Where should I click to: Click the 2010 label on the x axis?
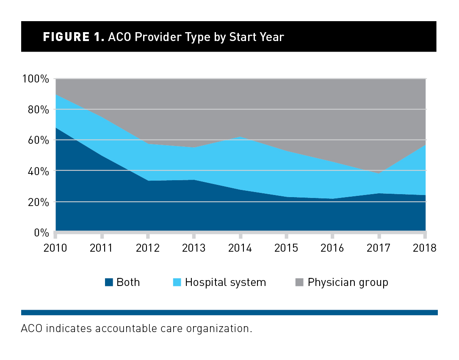point(55,248)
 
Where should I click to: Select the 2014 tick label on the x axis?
point(240,248)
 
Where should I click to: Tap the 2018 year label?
point(425,248)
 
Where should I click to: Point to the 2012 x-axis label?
point(148,248)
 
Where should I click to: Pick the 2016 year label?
point(332,248)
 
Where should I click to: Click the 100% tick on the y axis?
point(36,79)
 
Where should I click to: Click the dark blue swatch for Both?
point(109,282)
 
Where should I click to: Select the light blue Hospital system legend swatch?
point(177,282)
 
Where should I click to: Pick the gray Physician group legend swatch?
point(300,282)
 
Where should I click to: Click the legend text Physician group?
point(348,282)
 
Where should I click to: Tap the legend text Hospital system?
point(225,282)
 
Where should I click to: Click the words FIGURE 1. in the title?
point(73,37)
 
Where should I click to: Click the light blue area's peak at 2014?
point(240,137)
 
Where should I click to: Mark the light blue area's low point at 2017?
point(379,173)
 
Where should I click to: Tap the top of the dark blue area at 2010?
point(56,127)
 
